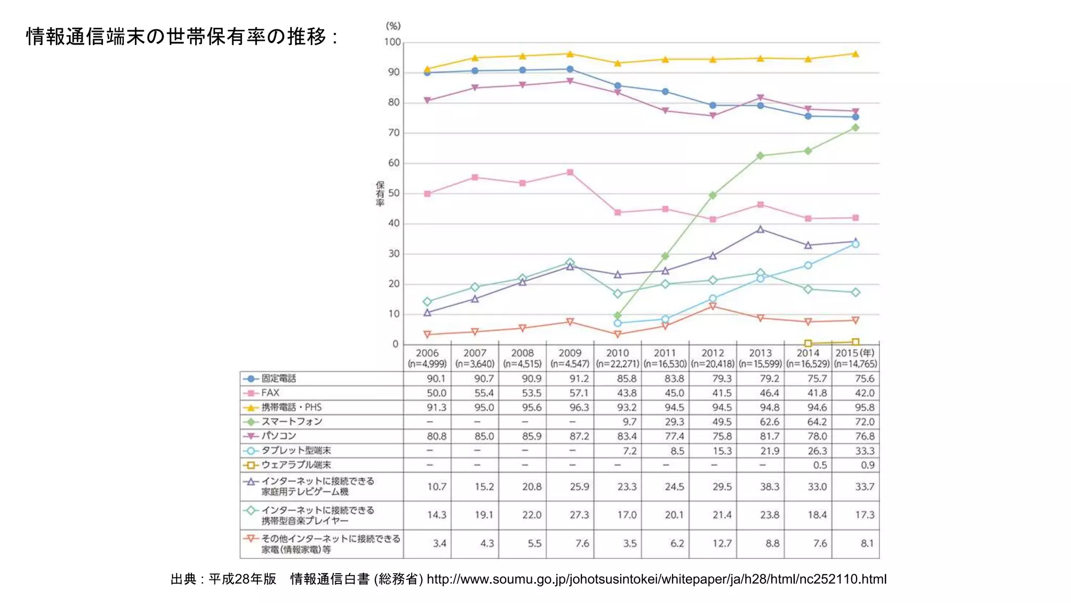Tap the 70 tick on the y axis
pyautogui.click(x=394, y=133)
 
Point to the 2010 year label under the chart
pyautogui.click(x=617, y=353)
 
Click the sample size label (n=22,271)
pyautogui.click(x=617, y=364)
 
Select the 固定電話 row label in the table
pyautogui.click(x=278, y=378)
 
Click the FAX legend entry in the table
pyautogui.click(x=270, y=393)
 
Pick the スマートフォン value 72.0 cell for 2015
pyautogui.click(x=864, y=422)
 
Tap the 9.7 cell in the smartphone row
pyautogui.click(x=629, y=422)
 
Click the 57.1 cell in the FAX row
pyautogui.click(x=578, y=393)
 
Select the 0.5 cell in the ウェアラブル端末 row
pyautogui.click(x=819, y=465)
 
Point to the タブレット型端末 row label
pyautogui.click(x=296, y=450)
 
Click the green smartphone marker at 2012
pyautogui.click(x=712, y=195)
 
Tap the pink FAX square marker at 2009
pyautogui.click(x=570, y=172)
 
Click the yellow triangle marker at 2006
pyautogui.click(x=427, y=69)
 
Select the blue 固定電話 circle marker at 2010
pyautogui.click(x=618, y=86)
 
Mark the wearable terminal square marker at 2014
pyautogui.click(x=808, y=343)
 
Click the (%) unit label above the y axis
pyautogui.click(x=393, y=26)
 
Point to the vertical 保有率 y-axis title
pyautogui.click(x=380, y=194)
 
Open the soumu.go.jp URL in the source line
pyautogui.click(x=656, y=579)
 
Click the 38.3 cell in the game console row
pyautogui.click(x=769, y=487)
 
